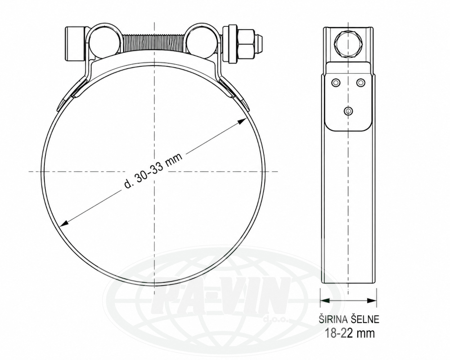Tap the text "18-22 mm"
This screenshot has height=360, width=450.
pos(350,333)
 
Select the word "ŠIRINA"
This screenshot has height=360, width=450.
pos(333,319)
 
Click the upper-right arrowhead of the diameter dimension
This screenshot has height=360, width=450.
pos(242,121)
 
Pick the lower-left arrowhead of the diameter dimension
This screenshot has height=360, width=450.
pos(63,223)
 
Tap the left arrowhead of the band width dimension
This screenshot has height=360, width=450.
pos(324,301)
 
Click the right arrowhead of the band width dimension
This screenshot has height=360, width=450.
pos(372,301)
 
